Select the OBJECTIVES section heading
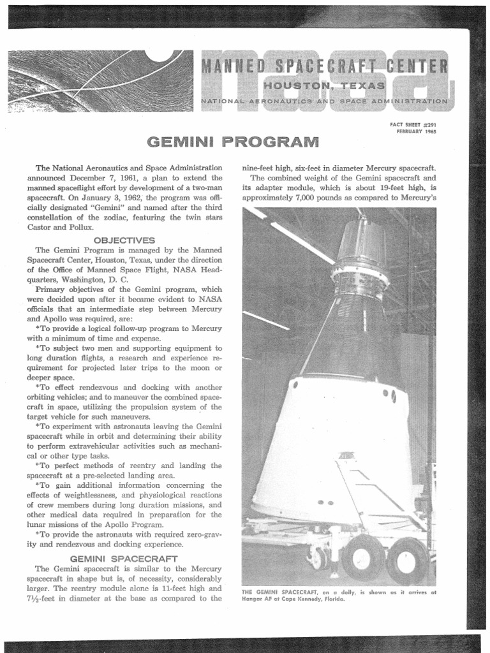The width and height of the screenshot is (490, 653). click(124, 240)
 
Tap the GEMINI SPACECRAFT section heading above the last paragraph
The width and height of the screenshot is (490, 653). click(124, 558)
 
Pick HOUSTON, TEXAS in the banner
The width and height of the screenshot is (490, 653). click(325, 85)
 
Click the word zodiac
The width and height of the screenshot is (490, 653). click(115, 218)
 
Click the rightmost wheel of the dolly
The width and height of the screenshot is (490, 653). click(406, 560)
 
